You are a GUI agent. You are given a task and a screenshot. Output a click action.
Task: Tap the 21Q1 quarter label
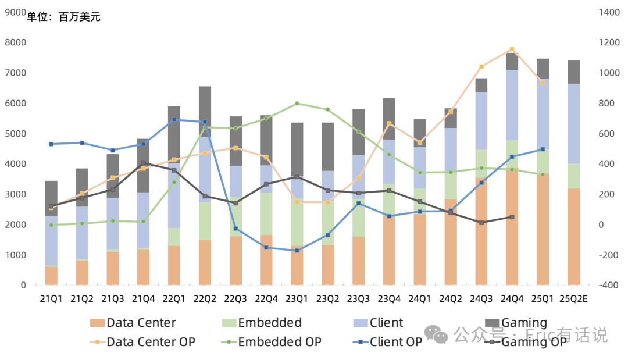click(51, 299)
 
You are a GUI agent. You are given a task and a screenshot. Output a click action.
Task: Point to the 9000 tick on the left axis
click(15, 12)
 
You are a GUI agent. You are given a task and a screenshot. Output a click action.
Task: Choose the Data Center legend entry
click(141, 323)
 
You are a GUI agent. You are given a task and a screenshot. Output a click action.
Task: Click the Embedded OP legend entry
click(279, 342)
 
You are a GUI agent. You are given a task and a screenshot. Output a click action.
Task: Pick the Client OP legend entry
click(395, 342)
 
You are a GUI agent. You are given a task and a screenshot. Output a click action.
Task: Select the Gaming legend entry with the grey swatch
click(524, 323)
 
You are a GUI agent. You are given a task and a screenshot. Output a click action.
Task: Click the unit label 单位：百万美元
click(64, 17)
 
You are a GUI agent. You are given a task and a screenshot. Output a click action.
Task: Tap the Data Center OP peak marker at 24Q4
click(512, 49)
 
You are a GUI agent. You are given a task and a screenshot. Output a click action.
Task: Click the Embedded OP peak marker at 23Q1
click(297, 104)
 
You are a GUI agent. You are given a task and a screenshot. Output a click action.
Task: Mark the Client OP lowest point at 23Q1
click(297, 251)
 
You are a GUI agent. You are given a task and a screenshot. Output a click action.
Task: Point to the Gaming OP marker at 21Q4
click(143, 163)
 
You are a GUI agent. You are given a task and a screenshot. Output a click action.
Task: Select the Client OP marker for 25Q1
click(543, 149)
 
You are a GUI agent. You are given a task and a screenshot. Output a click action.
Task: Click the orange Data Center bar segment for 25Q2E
click(573, 236)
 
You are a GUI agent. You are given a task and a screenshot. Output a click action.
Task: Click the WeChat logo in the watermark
click(436, 334)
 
